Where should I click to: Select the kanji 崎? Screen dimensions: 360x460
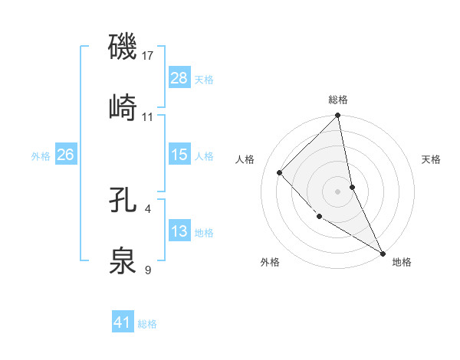coord(123,107)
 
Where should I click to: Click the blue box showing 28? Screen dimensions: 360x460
coord(179,77)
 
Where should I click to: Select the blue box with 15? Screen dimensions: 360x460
coord(179,155)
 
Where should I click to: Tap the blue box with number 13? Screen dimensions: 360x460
coord(179,231)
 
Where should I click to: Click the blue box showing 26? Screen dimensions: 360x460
coord(65,155)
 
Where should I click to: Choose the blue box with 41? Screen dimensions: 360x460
coord(123,322)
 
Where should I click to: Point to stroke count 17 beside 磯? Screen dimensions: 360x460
coord(149,56)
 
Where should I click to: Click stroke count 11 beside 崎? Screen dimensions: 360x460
coord(149,117)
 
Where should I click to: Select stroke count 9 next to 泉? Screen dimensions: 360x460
coord(148,270)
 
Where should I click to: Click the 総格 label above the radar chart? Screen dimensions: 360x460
coord(338,100)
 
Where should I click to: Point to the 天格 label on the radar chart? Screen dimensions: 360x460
coord(431,159)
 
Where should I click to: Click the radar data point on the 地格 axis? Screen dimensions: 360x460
coord(383,253)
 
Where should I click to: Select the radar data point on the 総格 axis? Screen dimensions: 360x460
coord(338,116)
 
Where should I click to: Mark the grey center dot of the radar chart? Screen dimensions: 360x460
coord(338,191)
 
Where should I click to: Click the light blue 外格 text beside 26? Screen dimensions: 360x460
coord(41,155)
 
